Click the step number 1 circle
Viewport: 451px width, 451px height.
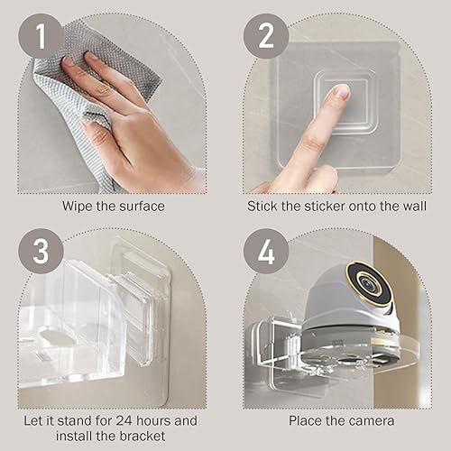(41, 36)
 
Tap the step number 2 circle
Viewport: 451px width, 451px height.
(266, 36)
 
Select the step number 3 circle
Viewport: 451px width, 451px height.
(41, 251)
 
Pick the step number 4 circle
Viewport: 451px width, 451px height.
(266, 251)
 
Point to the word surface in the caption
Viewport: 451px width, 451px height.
(142, 207)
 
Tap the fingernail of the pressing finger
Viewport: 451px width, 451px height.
(342, 92)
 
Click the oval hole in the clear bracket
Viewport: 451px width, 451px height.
(57, 338)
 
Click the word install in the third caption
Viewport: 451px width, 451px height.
(74, 436)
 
